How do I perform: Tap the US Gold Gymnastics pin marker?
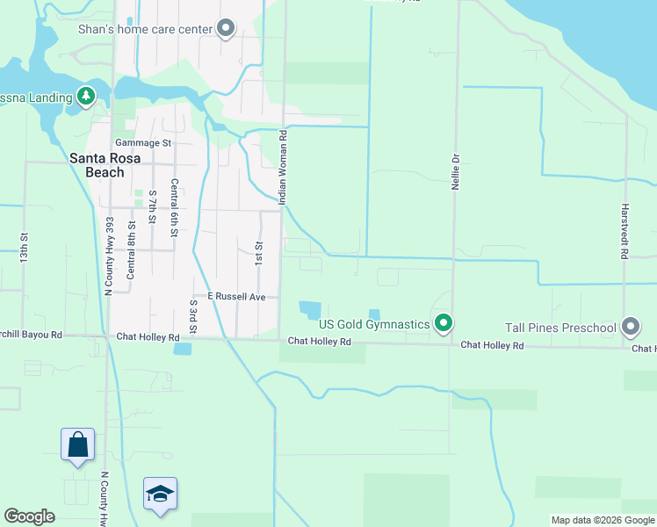(444, 324)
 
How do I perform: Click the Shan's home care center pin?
(226, 29)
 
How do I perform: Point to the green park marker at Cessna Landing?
(86, 95)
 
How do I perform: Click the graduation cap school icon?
(161, 494)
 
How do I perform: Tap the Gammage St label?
(142, 142)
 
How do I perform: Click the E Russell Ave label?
(236, 297)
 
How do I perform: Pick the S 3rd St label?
(193, 315)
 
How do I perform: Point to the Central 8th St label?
(131, 252)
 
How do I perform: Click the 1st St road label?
(259, 254)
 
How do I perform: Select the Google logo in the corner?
(29, 516)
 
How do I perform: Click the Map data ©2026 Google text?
(603, 520)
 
